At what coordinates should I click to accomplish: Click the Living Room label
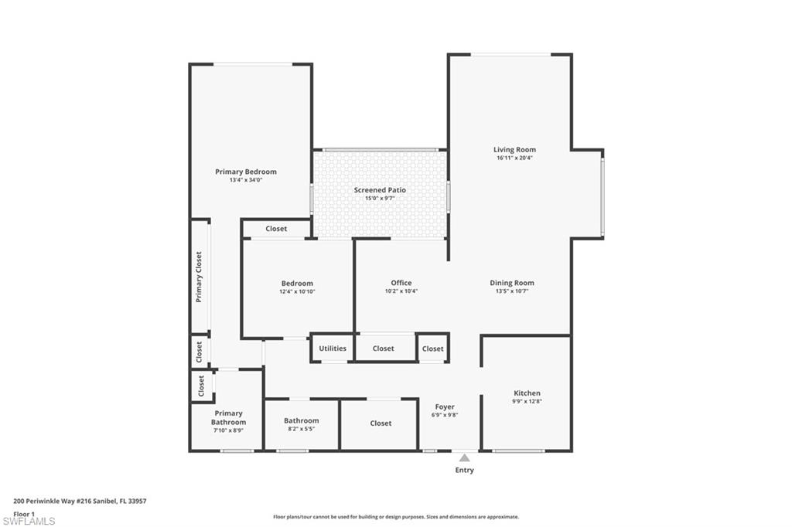point(514,150)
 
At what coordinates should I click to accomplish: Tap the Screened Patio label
point(380,190)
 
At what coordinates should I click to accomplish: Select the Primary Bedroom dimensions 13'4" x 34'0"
point(245,180)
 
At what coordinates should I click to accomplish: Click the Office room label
point(401,283)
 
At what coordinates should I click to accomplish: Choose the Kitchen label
point(527,393)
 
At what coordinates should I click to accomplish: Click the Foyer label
point(445,406)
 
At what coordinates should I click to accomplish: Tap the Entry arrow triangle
point(464,457)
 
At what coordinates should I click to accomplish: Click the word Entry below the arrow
point(464,470)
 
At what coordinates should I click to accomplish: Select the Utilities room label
point(333,348)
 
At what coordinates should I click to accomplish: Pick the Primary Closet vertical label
point(199,277)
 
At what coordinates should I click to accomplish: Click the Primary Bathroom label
point(229,418)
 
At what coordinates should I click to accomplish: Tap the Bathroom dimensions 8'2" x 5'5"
point(301,429)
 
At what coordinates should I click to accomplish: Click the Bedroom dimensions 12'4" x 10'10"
point(297,291)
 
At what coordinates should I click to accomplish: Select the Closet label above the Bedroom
point(276,229)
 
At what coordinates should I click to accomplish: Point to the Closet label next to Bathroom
point(381,423)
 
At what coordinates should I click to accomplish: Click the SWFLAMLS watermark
point(29,521)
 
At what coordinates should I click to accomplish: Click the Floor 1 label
point(24,513)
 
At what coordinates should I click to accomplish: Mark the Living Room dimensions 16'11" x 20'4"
point(514,158)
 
